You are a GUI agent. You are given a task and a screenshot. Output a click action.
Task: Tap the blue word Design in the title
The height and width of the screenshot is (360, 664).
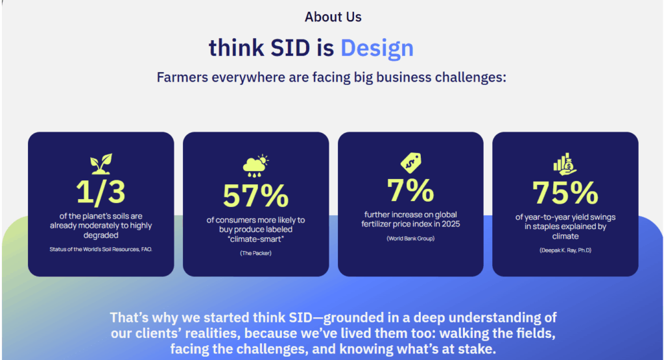(377, 47)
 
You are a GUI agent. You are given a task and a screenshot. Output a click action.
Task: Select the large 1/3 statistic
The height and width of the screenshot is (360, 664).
(101, 192)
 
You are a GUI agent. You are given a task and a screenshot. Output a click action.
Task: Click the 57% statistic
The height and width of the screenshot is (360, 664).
(255, 195)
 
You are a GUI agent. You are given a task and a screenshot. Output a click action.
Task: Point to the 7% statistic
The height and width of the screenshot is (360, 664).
(410, 189)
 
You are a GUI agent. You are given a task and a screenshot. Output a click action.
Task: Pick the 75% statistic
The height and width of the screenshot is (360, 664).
(565, 192)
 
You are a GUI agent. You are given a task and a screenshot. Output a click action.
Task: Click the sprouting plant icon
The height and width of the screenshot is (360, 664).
(101, 163)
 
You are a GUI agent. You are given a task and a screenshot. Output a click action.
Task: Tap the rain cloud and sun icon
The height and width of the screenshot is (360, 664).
(255, 166)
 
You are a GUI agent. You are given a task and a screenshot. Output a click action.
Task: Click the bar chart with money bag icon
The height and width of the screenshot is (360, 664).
(565, 163)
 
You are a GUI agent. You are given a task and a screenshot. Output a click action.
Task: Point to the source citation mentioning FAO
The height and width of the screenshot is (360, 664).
(101, 249)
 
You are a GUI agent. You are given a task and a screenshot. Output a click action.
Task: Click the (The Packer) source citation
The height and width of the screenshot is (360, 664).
(255, 253)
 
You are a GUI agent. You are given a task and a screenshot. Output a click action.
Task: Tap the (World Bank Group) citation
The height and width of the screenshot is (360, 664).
(410, 239)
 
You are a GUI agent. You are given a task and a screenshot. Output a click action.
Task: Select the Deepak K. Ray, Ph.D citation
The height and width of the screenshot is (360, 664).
(565, 250)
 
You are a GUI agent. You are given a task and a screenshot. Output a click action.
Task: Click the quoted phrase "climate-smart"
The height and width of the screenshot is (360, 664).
(255, 239)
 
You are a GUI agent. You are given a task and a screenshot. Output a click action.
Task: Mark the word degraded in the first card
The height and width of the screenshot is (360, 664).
(101, 235)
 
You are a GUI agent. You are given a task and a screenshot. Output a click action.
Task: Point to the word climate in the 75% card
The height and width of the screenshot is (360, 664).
(565, 236)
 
